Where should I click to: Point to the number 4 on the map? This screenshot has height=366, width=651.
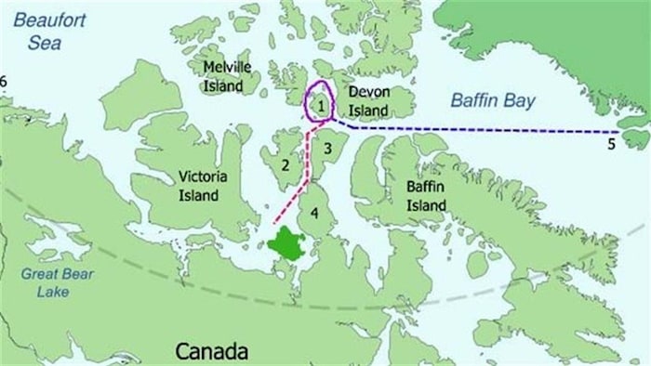[x=316, y=215]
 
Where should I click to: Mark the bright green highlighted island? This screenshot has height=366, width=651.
[x=289, y=244]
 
